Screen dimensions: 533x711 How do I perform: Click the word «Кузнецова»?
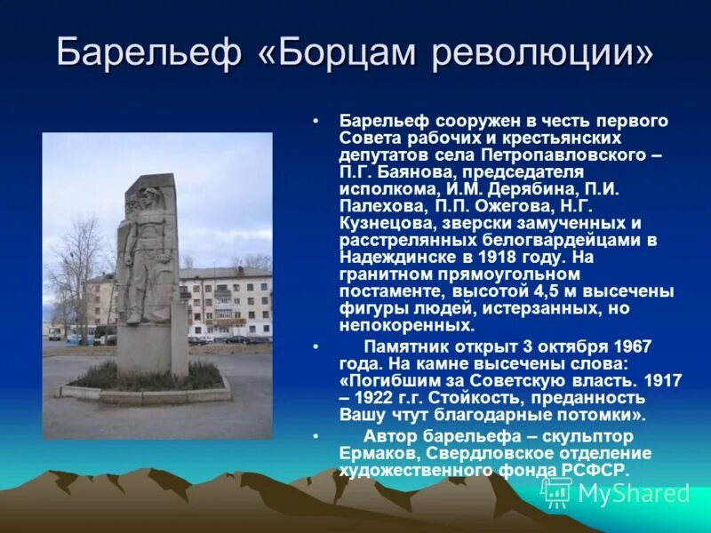[x=379, y=224]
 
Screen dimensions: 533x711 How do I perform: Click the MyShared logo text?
[x=634, y=494]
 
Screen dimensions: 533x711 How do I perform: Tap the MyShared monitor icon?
[x=557, y=491]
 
